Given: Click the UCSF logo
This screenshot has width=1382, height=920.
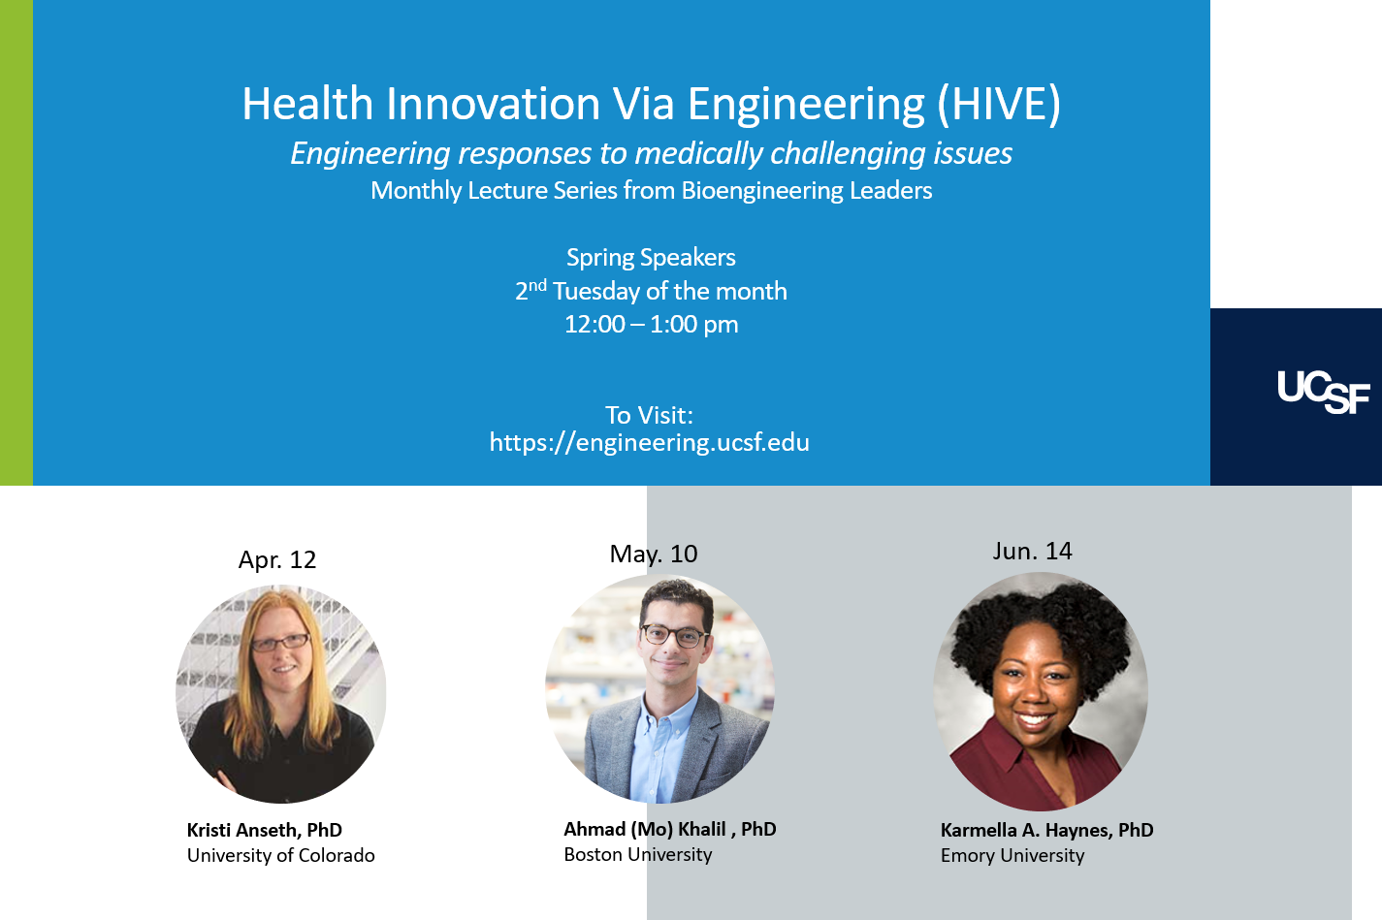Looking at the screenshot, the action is [x=1323, y=393].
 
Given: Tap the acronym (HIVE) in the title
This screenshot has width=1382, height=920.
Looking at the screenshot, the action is [x=999, y=104].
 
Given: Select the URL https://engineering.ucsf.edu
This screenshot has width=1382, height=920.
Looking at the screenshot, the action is [x=649, y=442].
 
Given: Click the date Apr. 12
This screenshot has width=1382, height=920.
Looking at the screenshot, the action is [x=277, y=559].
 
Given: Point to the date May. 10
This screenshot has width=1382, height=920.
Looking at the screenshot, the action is [x=654, y=554].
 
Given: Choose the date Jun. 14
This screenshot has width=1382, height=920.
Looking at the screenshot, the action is [x=1032, y=551].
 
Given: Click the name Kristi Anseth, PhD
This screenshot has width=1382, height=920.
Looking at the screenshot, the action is [x=264, y=830].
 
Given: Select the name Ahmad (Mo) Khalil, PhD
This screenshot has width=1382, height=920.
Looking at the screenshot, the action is [x=670, y=829].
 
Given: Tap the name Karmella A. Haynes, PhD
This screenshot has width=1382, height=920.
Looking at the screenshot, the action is [x=1047, y=830].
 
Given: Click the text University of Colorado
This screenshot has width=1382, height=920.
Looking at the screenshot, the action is [x=280, y=856].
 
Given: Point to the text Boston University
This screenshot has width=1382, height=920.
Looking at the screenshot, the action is [x=638, y=855].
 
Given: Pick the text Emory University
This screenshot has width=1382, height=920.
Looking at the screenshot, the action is [x=1012, y=856].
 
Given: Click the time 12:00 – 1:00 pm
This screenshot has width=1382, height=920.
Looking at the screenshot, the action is [x=651, y=325].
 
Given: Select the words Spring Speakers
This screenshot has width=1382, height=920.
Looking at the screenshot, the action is [x=651, y=258].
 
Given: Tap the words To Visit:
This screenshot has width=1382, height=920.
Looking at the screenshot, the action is [x=649, y=415].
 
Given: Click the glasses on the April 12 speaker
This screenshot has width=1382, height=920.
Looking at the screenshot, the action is [x=280, y=643].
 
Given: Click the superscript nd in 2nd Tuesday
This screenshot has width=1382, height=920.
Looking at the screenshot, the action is [x=537, y=285].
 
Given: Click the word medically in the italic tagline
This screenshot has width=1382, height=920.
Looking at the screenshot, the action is [x=699, y=154].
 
